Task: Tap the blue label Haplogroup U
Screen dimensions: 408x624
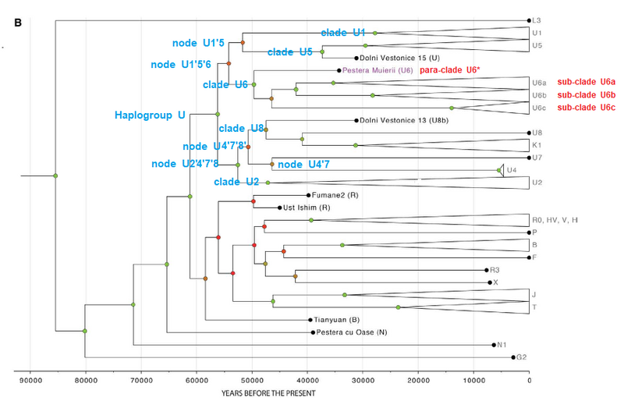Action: pos(150,115)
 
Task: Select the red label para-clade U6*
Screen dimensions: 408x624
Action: pos(450,70)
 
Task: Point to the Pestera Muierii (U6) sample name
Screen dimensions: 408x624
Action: pos(378,70)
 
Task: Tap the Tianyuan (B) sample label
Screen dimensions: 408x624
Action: pos(337,320)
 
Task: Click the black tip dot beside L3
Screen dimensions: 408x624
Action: pos(528,21)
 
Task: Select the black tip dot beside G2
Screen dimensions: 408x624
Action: pos(513,357)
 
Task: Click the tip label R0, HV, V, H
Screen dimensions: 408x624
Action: pos(555,220)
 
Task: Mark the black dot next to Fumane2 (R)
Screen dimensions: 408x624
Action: pos(309,195)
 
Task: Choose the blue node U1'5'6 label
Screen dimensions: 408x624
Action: pos(181,65)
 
